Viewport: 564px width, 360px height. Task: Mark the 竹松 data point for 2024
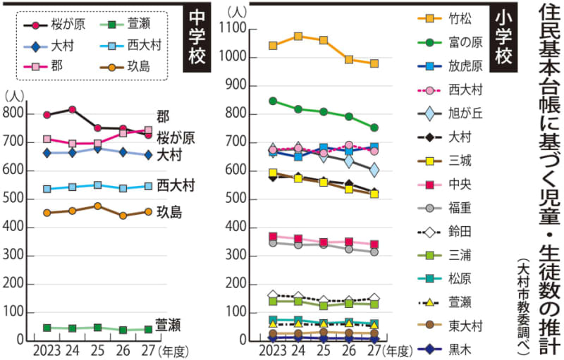click(298, 36)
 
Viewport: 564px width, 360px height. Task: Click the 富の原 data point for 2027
click(374, 128)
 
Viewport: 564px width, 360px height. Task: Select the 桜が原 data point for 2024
click(73, 109)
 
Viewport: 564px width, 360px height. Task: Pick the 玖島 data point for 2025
click(97, 206)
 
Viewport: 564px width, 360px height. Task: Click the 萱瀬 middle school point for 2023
click(47, 328)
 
